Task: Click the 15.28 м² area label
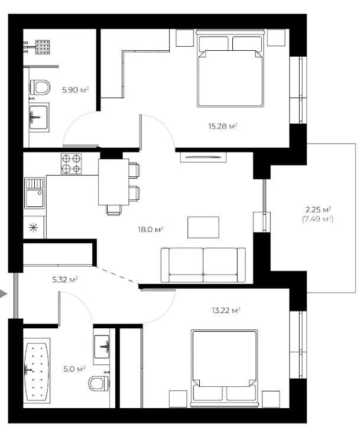pos(223,126)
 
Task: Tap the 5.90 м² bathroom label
pos(76,90)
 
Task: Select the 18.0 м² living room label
pos(151,229)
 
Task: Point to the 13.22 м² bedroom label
pos(226,311)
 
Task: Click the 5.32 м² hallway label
pos(65,280)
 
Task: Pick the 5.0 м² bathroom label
pos(74,369)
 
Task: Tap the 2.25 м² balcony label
pos(318,210)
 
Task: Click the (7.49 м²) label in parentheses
pos(318,219)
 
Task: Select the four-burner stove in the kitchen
pos(72,163)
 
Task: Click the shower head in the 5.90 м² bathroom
pos(43,47)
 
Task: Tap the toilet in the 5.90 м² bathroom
pos(40,88)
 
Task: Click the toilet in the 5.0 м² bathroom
pos(99,383)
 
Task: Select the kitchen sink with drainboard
pos(34,193)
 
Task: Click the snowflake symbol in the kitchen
pos(33,227)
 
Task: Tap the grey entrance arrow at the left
pos(4,294)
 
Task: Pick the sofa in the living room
pos(203,265)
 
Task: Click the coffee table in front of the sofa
pos(203,227)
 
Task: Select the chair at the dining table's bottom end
pos(113,210)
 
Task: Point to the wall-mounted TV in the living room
pos(203,157)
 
